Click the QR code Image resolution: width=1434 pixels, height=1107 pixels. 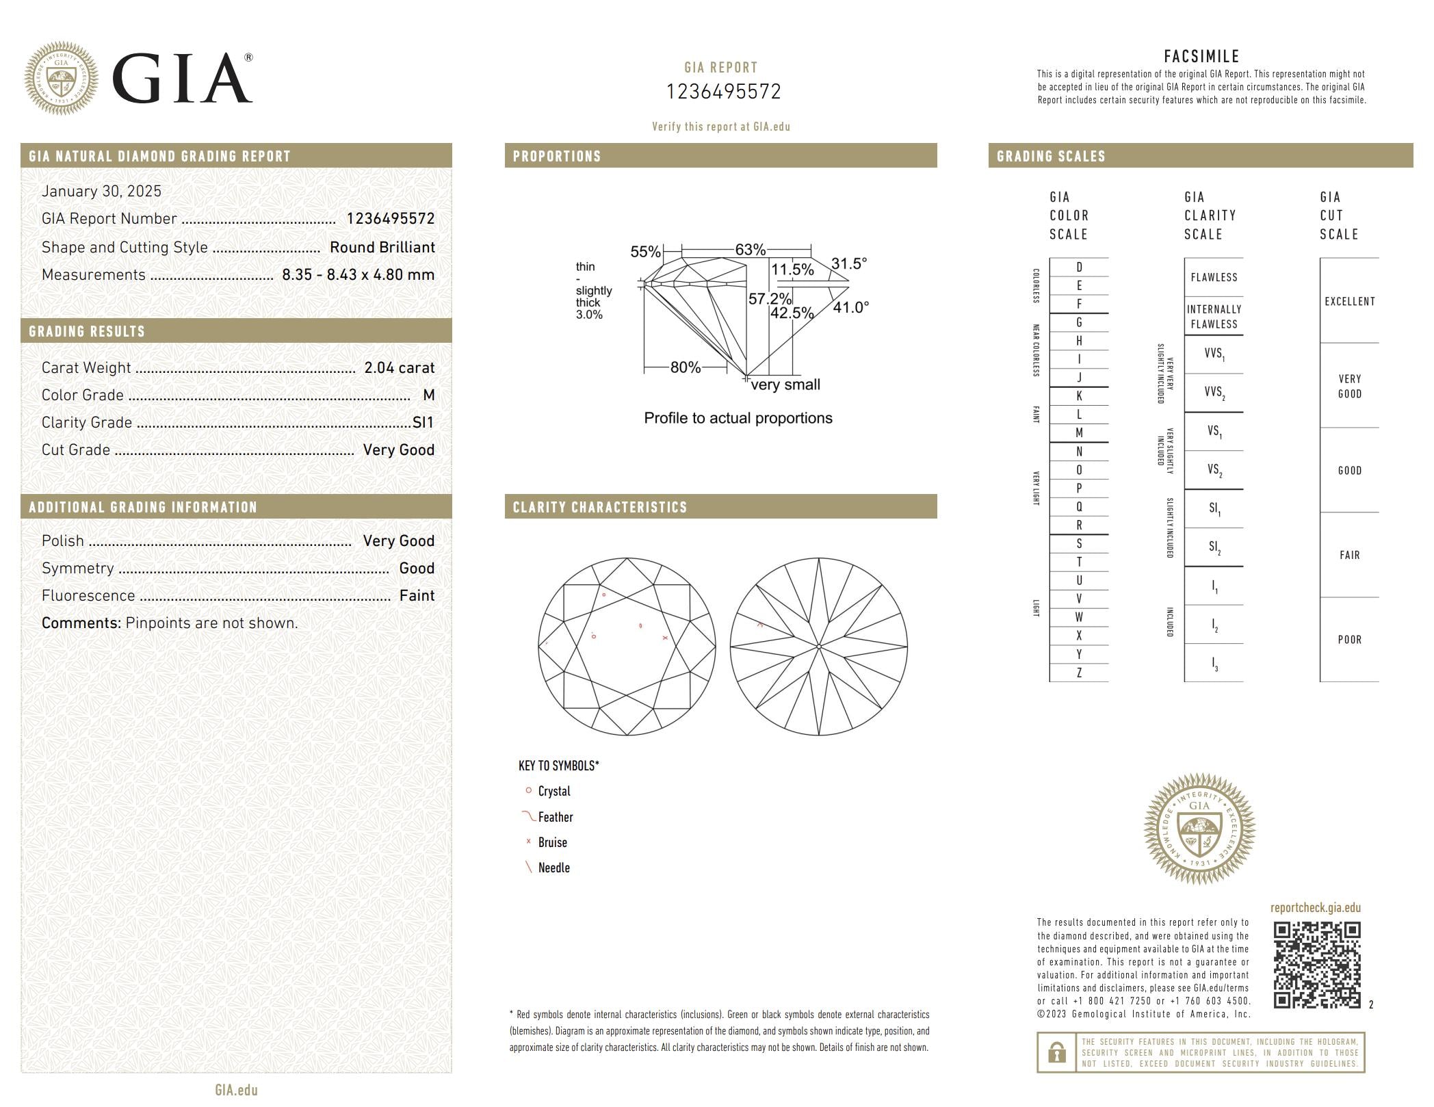[x=1316, y=965]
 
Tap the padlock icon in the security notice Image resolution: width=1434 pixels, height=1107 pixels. [x=1056, y=1052]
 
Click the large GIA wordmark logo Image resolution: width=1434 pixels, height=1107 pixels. [x=182, y=79]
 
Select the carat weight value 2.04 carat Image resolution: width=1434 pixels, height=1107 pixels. [x=399, y=368]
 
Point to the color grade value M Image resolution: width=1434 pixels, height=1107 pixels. [x=429, y=395]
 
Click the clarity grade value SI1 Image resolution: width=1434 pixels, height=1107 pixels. [x=423, y=423]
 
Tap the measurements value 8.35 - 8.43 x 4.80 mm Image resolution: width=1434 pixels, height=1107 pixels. [x=358, y=275]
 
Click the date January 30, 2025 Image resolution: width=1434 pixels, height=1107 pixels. [x=101, y=192]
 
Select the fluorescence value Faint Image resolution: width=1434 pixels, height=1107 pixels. [x=417, y=596]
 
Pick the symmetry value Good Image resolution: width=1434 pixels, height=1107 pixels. [x=417, y=569]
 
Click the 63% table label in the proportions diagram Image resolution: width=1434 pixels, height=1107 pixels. [x=750, y=250]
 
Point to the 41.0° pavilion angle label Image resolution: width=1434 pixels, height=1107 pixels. [x=850, y=308]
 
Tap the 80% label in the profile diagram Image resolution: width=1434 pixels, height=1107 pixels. [x=685, y=367]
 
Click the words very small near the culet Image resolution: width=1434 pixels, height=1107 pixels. [x=785, y=385]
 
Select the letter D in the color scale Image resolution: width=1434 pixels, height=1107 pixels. [x=1079, y=268]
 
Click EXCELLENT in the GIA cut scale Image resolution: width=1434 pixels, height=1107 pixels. [x=1349, y=302]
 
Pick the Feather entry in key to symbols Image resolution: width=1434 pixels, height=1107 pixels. [x=555, y=817]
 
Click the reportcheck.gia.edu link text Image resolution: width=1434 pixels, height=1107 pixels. [x=1315, y=908]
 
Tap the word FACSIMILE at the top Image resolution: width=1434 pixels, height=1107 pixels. [x=1201, y=56]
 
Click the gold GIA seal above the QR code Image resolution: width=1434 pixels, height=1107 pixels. [x=1199, y=829]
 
